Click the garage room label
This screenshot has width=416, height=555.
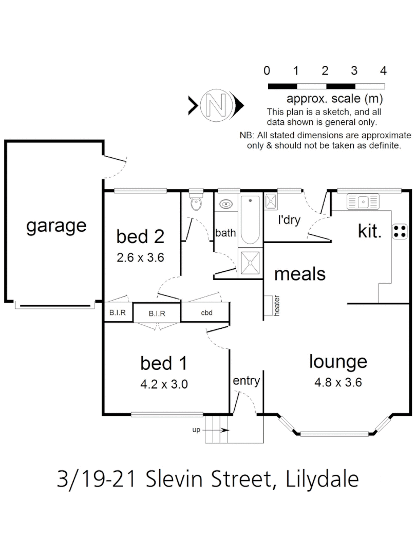(56, 226)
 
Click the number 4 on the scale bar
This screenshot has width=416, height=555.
(383, 71)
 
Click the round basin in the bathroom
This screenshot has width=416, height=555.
(225, 204)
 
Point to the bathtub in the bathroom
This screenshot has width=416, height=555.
(251, 220)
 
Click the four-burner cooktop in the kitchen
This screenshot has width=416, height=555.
(400, 231)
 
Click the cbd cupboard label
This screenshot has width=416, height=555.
(206, 312)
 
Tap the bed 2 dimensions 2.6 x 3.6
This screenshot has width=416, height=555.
(140, 257)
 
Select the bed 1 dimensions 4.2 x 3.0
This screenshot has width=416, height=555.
(163, 384)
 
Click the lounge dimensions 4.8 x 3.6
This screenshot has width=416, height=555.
(338, 382)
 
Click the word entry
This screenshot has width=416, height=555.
(246, 381)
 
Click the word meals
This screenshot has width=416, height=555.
(300, 273)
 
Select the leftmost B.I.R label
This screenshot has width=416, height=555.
(118, 312)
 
